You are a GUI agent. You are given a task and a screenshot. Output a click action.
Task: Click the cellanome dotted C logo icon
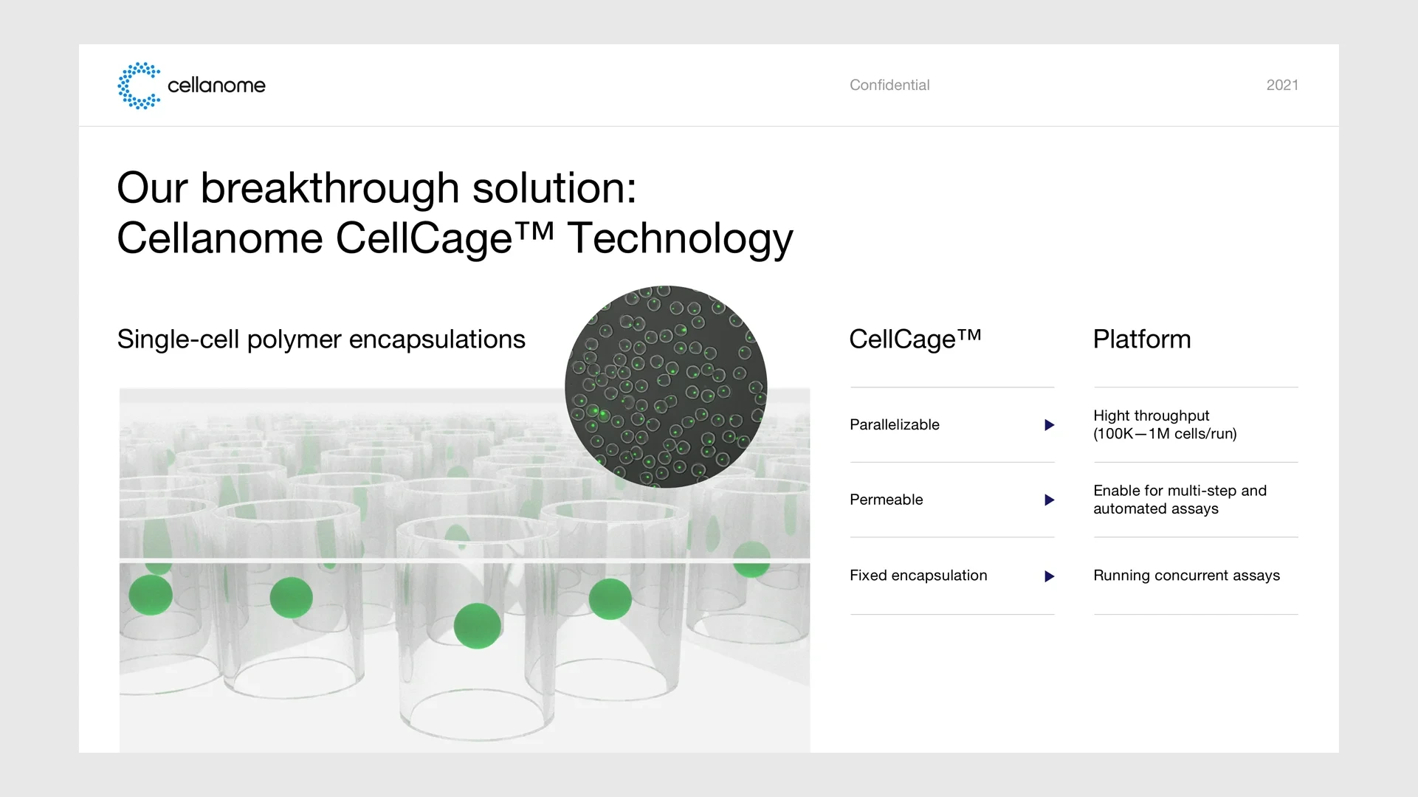139,86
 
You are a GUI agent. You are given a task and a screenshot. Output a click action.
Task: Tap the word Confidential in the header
889,85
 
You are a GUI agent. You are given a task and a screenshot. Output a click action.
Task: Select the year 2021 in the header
1282,85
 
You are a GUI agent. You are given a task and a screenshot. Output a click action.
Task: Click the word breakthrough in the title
330,187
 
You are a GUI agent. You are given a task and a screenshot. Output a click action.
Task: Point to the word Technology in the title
680,239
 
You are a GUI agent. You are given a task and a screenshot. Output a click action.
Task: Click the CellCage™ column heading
915,339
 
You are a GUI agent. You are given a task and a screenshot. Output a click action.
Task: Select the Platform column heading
1142,339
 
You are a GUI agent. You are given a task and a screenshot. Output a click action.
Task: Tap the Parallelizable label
895,425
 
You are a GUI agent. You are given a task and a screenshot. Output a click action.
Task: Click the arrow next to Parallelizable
1049,425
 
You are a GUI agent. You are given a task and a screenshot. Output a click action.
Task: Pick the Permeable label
887,500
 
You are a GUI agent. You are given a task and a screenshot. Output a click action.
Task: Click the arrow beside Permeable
1049,500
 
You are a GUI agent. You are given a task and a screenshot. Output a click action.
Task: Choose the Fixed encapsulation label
918,576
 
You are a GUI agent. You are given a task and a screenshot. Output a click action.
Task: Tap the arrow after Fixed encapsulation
1049,576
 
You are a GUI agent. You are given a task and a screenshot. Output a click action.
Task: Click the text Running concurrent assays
1186,576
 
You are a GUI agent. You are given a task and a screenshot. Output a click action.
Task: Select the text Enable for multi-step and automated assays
1180,500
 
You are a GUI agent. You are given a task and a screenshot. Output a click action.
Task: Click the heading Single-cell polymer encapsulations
321,339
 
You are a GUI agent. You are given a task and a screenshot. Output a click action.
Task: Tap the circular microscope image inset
666,387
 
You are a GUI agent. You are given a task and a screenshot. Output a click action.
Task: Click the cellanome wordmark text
216,86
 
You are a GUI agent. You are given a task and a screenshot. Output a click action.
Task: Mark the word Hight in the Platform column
1112,416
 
